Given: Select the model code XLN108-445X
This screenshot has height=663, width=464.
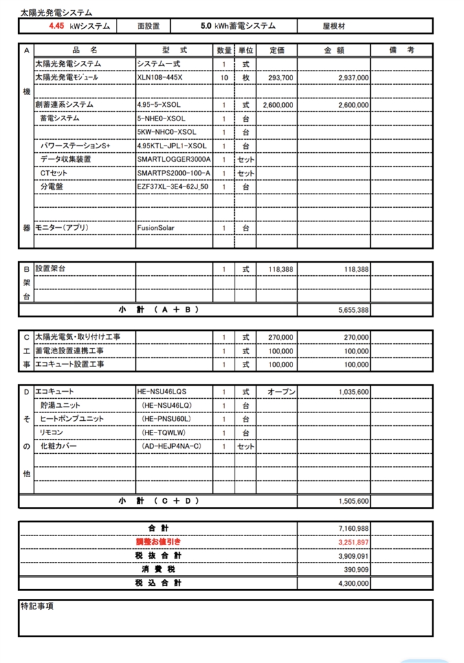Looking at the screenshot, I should pos(160,78).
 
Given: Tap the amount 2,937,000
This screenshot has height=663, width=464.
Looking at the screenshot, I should pos(353,78).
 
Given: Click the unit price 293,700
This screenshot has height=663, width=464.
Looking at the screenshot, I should pos(280,78).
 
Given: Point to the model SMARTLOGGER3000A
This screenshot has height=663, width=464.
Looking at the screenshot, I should pos(174,159).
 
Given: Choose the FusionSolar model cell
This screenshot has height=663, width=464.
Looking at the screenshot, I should pos(156,228).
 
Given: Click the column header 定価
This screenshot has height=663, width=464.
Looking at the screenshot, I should pos(277,51).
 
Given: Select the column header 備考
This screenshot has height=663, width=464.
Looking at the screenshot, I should pos(401,51).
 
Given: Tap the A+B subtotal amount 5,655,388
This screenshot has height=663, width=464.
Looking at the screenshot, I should pos(353,311).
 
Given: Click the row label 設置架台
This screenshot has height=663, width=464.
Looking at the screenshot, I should pos(51,268).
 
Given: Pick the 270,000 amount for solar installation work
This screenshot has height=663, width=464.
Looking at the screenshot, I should pos(356,337).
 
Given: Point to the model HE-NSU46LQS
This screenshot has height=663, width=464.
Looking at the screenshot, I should pos(162,392).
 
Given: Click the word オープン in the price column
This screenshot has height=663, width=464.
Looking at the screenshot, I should pos(281,392).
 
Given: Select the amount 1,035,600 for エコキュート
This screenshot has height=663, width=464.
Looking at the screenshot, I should pos(353,392).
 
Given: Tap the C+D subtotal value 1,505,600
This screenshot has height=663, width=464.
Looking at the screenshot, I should pos(353,501).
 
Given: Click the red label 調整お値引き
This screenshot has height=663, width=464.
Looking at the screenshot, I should pos(158,542).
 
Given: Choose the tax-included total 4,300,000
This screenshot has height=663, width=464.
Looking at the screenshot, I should pos(353,583).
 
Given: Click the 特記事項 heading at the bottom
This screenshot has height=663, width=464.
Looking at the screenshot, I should pos(37,607).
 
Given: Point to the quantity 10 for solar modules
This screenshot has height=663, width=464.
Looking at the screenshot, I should pos(224,78).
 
